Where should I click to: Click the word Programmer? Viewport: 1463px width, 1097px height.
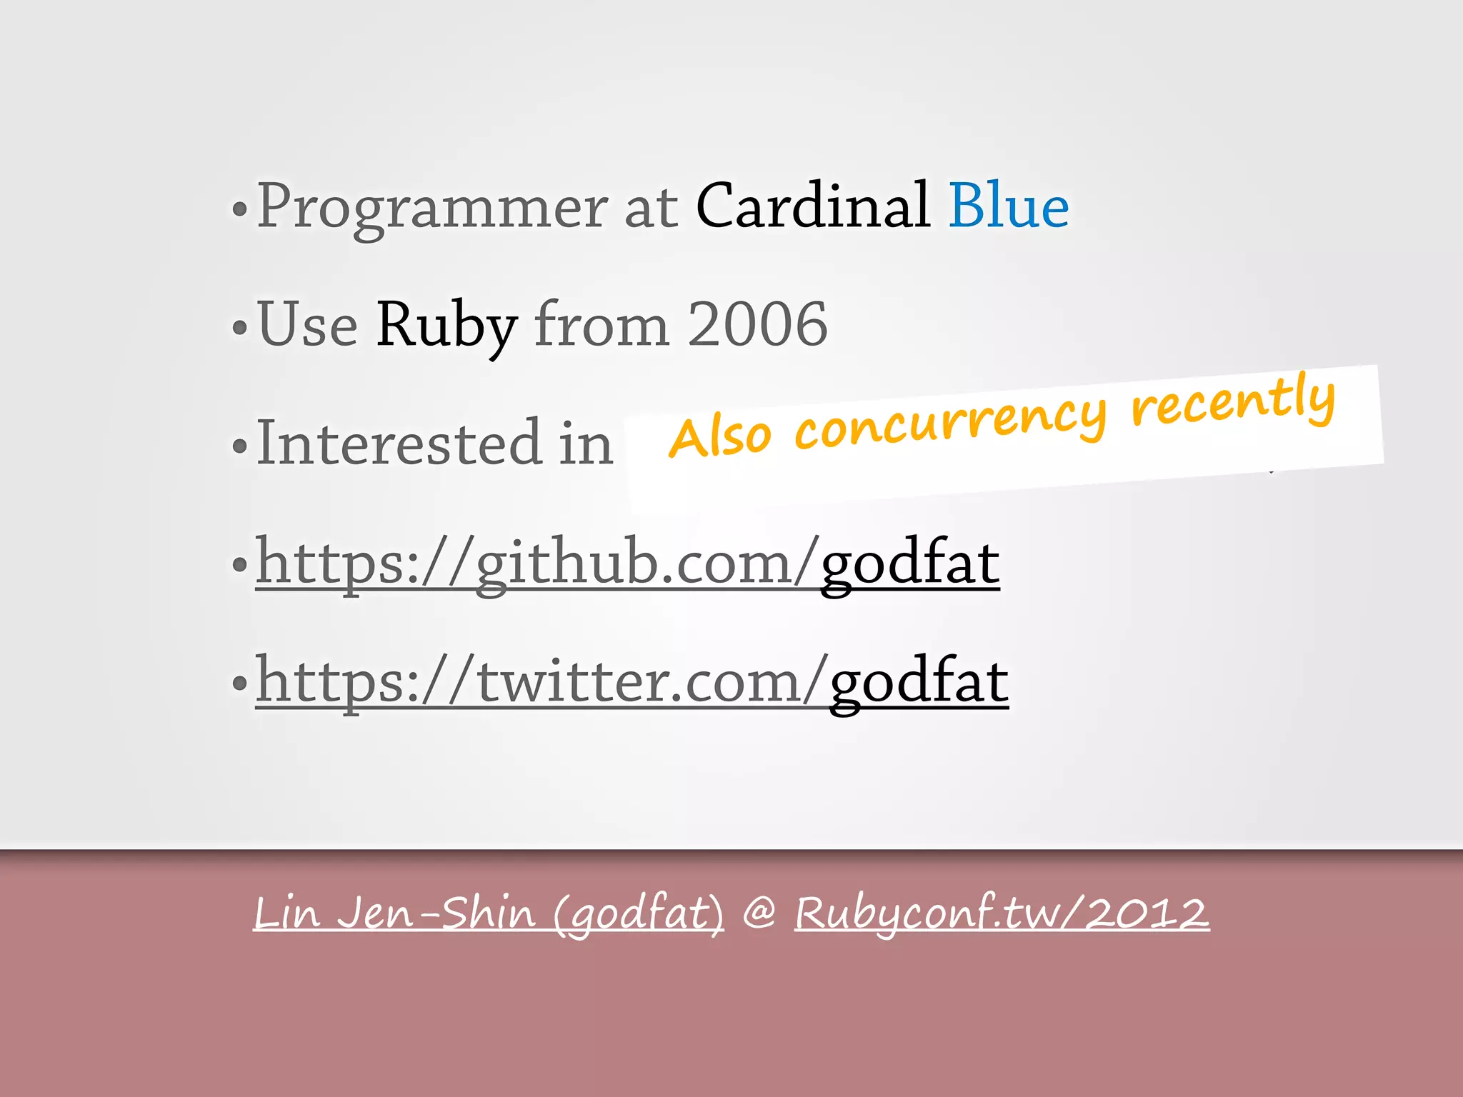[x=431, y=207]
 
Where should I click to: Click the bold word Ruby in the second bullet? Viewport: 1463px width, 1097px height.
[x=446, y=326]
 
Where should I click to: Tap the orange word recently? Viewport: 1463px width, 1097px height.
[x=1233, y=400]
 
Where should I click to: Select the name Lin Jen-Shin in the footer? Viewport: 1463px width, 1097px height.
[x=394, y=913]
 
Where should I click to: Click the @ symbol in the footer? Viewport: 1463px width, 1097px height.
[x=759, y=913]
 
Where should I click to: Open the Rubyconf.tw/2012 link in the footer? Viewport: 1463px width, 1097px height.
[x=1002, y=913]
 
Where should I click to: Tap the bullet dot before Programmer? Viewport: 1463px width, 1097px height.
[x=240, y=210]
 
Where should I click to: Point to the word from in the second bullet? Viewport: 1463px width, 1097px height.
[x=601, y=324]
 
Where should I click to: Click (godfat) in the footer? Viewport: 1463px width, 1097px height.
[x=639, y=914]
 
